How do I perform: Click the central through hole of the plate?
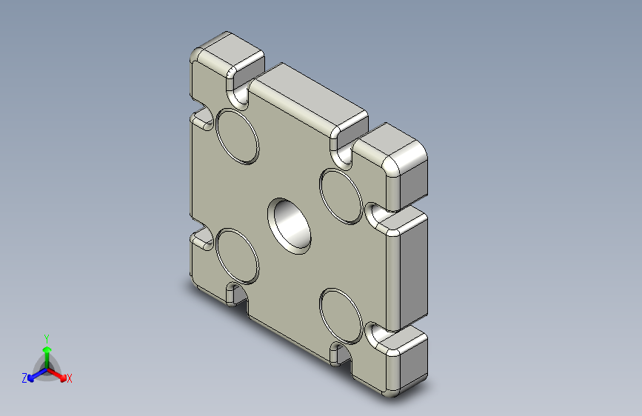coord(290,225)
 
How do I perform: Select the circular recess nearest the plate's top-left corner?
coord(237,136)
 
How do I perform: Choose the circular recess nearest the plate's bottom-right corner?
coord(341,315)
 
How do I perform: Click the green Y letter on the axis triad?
coord(46,337)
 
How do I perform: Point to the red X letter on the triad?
coord(70,379)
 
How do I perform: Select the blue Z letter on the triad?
coord(24,378)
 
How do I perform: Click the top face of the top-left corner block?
coord(229,48)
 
